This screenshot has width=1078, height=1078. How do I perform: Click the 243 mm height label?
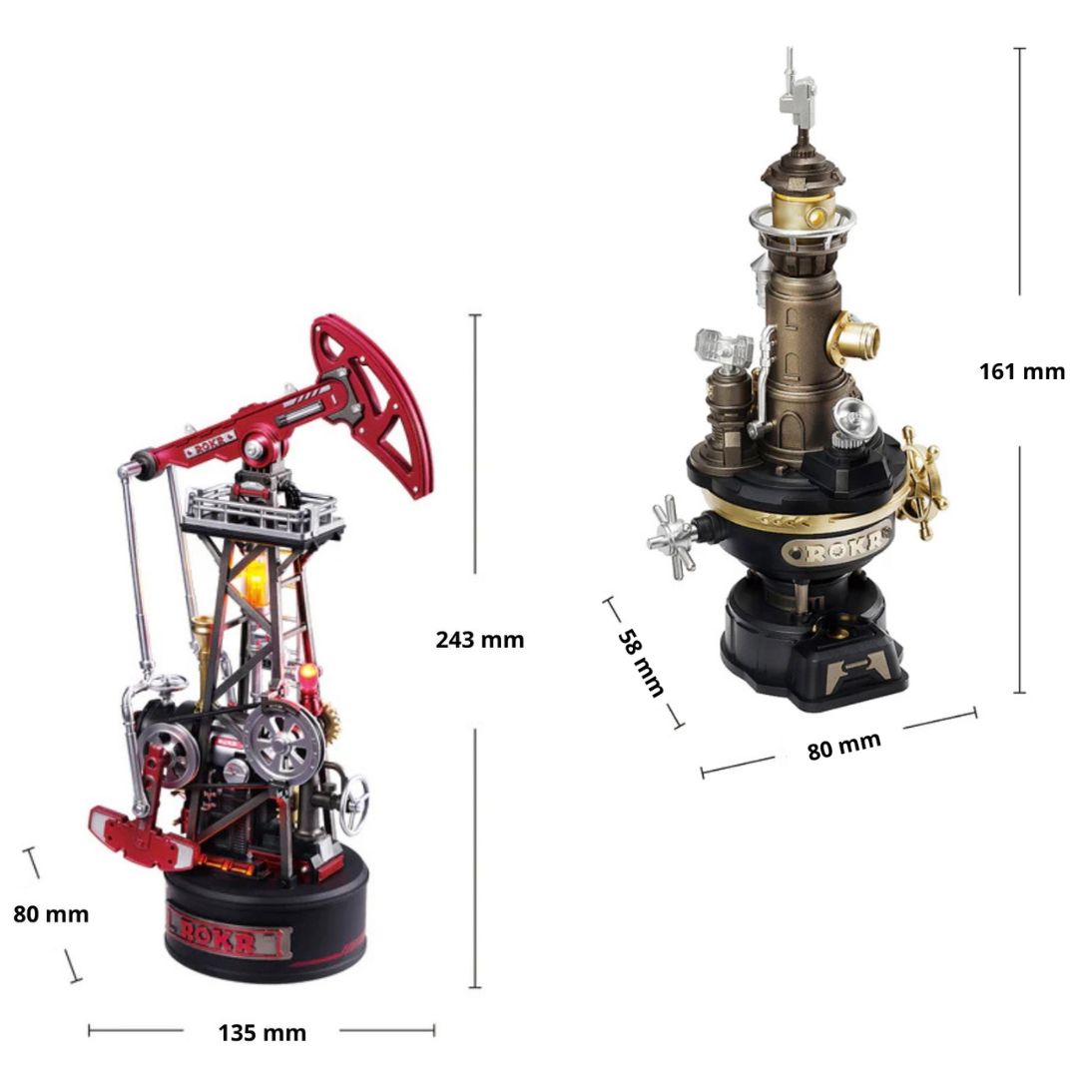pos(480,640)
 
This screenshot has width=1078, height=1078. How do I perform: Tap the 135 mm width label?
pos(262,1032)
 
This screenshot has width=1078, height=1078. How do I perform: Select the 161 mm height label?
pos(1022,371)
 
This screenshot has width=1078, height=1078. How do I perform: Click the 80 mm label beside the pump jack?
pos(51,913)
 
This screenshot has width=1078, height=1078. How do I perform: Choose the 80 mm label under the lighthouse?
pos(844,746)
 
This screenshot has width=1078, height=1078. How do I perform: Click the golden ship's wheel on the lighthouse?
pos(923,483)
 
